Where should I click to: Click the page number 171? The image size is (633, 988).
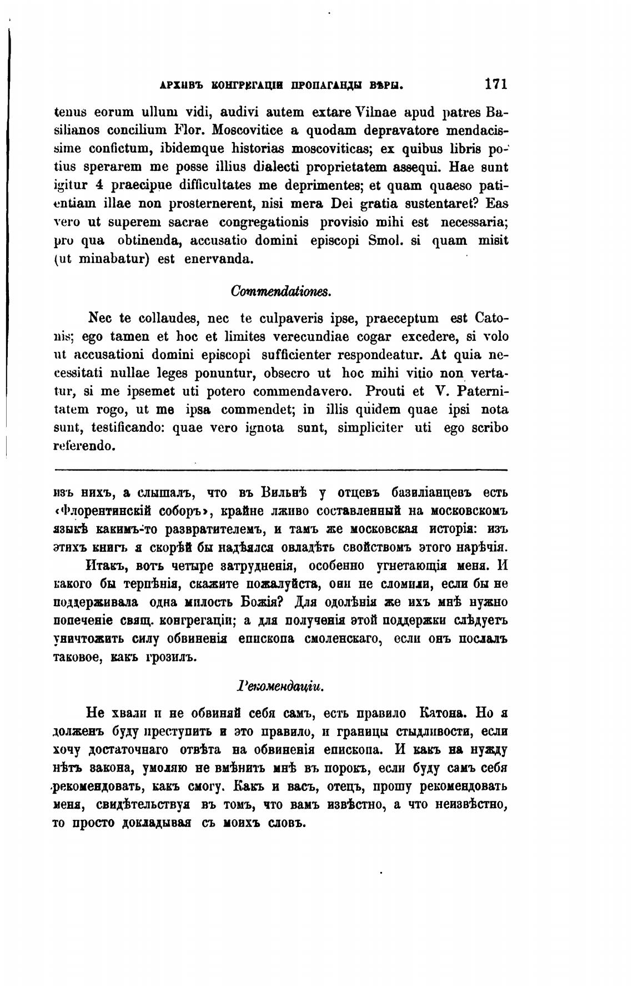(x=496, y=84)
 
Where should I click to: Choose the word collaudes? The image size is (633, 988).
(x=163, y=319)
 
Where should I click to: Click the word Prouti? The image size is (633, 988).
(x=385, y=391)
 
